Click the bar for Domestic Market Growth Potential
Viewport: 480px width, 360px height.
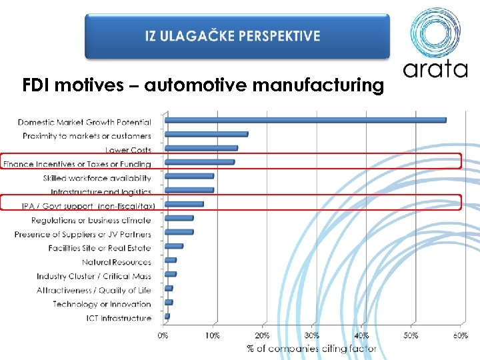tap(305, 120)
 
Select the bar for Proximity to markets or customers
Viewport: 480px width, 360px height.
tap(206, 134)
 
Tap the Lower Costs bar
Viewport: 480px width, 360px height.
tap(201, 148)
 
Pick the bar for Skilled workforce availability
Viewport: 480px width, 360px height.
tap(189, 176)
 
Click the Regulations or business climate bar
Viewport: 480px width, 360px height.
tap(179, 218)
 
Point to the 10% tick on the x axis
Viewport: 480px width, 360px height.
tap(213, 335)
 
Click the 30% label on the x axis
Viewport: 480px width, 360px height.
tap(312, 335)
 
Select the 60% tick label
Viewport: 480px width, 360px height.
tap(460, 335)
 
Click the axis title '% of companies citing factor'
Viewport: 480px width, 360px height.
tap(311, 348)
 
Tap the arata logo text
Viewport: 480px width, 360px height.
tap(435, 69)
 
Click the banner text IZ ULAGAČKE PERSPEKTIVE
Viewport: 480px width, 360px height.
tap(233, 36)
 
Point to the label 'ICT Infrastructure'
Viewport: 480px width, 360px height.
tap(119, 318)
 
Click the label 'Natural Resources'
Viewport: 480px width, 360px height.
tap(117, 262)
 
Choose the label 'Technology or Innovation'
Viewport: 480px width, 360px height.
tap(102, 304)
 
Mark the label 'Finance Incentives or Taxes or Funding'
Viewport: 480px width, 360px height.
tap(77, 164)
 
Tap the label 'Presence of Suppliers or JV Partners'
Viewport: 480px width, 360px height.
tap(83, 234)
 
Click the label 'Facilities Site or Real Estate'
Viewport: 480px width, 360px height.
tap(100, 248)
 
